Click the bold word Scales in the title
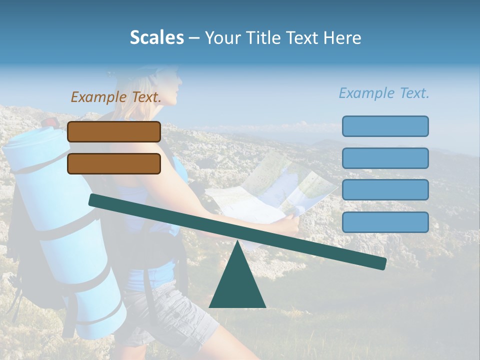[x=156, y=37]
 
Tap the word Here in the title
[x=342, y=37]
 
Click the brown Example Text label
[x=116, y=97]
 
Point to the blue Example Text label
[x=384, y=93]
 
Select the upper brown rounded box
[x=114, y=131]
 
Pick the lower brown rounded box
[x=114, y=163]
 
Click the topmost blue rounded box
[x=385, y=126]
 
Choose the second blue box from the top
[x=385, y=158]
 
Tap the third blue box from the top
[x=385, y=190]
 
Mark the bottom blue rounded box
[x=385, y=222]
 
